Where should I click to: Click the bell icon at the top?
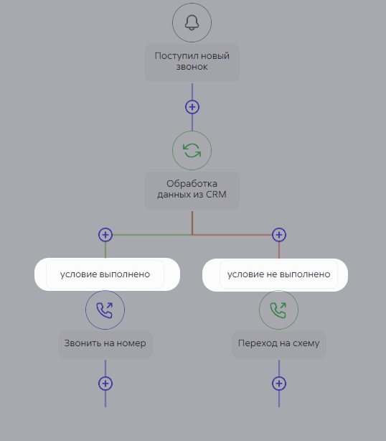coord(192,22)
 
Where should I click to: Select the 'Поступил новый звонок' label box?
coord(192,62)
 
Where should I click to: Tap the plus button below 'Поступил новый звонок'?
coord(192,107)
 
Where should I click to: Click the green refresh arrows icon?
coord(192,150)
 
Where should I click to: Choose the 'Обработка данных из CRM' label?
coord(192,190)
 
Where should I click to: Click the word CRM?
coord(216,195)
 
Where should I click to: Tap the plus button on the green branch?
coord(105,235)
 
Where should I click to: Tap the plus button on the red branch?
coord(279,235)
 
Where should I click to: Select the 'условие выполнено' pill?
coord(107,274)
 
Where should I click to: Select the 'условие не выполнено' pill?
coord(275,275)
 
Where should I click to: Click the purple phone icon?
coord(105,310)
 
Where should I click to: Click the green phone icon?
coord(278,310)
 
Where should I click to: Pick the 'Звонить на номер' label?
coord(105,344)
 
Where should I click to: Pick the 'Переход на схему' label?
coord(279,344)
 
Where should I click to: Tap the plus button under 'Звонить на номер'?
coord(105,384)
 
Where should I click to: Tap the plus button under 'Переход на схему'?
coord(279,384)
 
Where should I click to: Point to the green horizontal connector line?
coord(152,235)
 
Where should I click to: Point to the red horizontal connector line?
coord(232,235)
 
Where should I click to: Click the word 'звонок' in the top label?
coord(192,67)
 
